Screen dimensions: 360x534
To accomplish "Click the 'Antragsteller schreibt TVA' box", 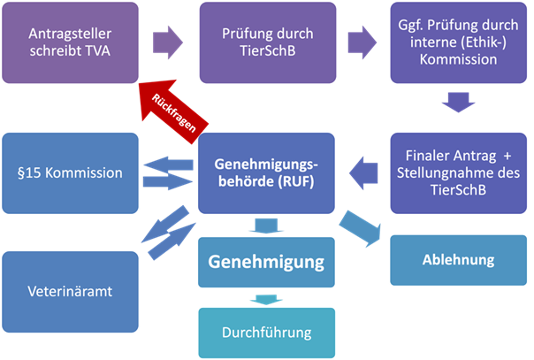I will click(70, 41).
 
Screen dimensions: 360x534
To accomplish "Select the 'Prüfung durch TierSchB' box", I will click(267, 41).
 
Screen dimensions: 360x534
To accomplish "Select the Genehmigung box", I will click(267, 262).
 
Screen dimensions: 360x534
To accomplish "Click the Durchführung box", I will click(267, 333).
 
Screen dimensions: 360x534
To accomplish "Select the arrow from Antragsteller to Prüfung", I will click(168, 41).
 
